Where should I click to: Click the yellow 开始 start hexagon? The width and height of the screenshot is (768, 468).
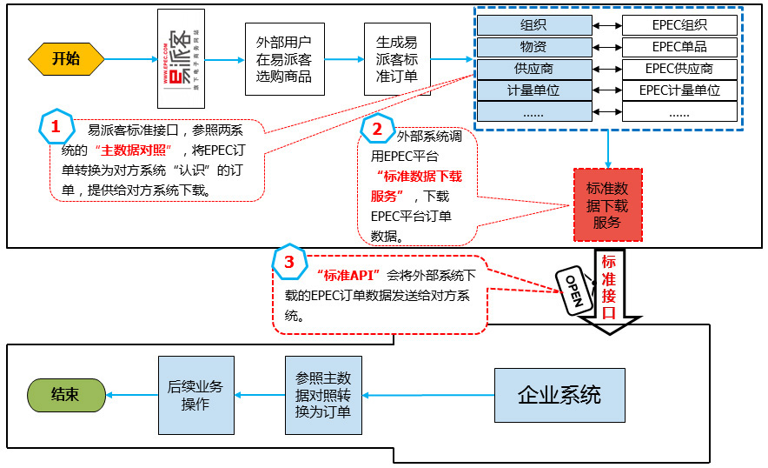tap(66, 59)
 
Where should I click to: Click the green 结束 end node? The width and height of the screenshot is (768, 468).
tap(65, 394)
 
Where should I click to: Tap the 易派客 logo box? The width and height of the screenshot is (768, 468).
tap(181, 58)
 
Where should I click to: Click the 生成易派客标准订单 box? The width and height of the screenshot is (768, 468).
tap(396, 59)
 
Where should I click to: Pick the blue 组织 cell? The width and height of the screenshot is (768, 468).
tap(533, 25)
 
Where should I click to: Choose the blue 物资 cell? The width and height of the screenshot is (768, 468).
tap(533, 47)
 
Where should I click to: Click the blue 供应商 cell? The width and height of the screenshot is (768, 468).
tap(533, 68)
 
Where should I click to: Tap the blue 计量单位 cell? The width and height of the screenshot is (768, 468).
tap(533, 90)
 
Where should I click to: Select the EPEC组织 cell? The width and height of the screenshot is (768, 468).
tap(679, 25)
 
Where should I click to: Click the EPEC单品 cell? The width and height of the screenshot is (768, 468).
tap(679, 47)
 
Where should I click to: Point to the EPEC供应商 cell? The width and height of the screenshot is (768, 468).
tap(679, 68)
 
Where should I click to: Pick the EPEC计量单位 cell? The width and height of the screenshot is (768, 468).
tap(679, 90)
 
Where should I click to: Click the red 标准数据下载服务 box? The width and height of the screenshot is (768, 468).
tap(607, 204)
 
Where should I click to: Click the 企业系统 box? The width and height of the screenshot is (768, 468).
tap(559, 395)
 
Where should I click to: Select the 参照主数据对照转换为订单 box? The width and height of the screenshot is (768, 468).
tap(322, 395)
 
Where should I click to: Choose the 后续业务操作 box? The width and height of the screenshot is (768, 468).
tap(195, 395)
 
